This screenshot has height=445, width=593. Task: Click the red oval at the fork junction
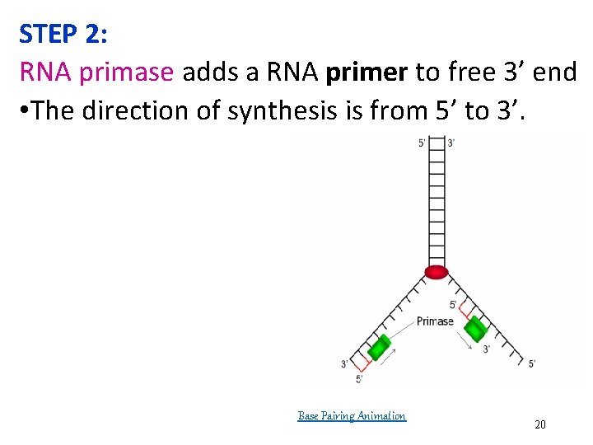pos(436,272)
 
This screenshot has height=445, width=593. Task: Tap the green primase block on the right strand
pos(475,330)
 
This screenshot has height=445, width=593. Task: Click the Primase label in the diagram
pos(435,321)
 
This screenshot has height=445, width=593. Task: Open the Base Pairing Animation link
pos(352,416)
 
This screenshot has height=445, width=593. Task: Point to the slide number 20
pos(540,424)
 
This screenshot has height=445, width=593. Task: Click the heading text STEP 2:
pos(63,34)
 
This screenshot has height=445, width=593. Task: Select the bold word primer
pos(367,73)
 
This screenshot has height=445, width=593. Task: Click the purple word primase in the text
pos(127,73)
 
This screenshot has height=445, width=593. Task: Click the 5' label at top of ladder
pos(423,143)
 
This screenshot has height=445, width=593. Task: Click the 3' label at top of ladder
pos(451,143)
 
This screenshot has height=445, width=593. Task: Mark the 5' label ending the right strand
pos(532,363)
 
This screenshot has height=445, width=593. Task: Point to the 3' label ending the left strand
pos(344,363)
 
